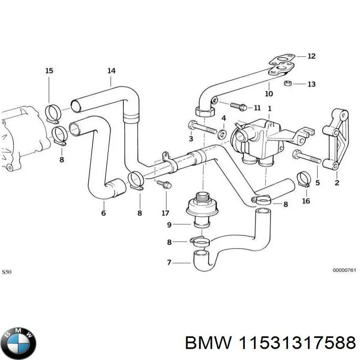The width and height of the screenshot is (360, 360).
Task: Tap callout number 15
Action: [49, 71]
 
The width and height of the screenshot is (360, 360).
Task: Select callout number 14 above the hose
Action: [111, 71]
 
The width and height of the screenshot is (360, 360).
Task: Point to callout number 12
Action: [311, 56]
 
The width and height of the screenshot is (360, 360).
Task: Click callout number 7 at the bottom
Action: [169, 262]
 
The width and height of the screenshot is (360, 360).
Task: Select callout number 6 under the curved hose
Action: [103, 213]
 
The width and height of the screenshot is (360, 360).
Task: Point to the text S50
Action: [8, 272]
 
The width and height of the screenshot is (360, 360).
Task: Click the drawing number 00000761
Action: [344, 270]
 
